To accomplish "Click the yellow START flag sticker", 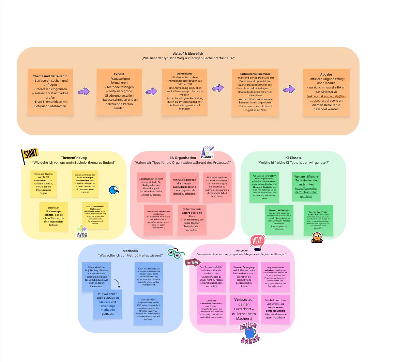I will click(30, 156).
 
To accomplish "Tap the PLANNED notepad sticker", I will click(207, 152).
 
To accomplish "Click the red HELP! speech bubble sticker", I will click(257, 242).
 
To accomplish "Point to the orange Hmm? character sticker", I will click(317, 237).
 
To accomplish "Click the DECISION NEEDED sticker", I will click(82, 231).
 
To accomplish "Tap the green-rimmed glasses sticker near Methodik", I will click(176, 253).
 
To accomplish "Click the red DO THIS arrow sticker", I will click(193, 262).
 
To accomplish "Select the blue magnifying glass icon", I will click(114, 190).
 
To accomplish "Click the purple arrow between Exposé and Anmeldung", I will click(151, 92).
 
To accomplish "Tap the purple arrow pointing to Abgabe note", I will click(289, 89).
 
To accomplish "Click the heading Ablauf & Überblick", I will click(188, 54).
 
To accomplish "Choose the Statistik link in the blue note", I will click(105, 302).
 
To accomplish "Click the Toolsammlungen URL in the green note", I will click(306, 192).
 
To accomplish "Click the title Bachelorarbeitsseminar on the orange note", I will click(255, 73).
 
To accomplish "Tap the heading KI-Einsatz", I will click(293, 158).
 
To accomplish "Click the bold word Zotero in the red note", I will click(186, 213).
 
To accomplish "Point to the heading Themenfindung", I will click(74, 158).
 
